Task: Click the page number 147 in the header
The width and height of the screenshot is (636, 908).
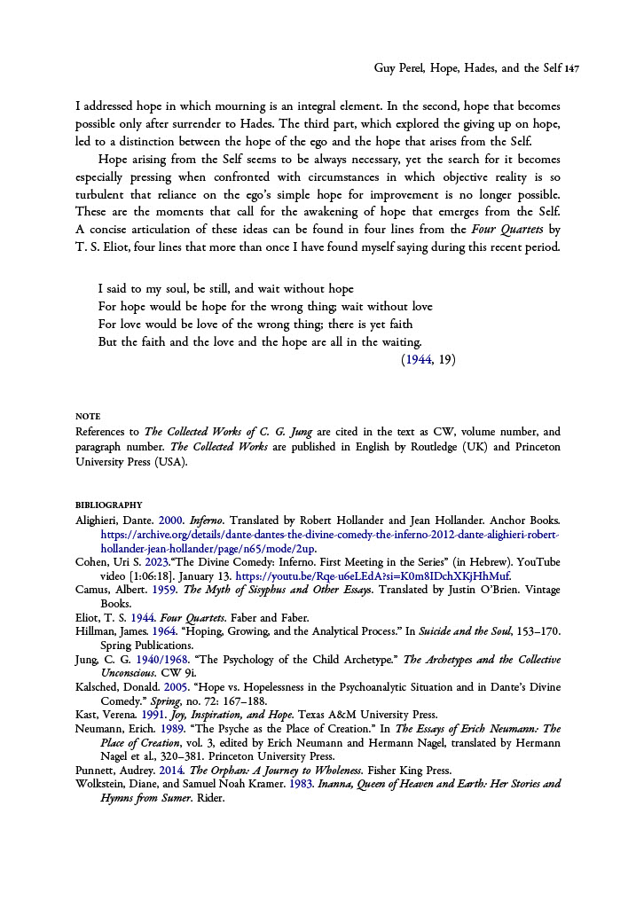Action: click(571, 67)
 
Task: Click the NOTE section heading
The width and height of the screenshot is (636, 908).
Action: click(88, 416)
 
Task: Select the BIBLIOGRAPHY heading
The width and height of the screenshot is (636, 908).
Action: click(109, 505)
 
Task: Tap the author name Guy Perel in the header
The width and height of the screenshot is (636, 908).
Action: click(395, 67)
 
